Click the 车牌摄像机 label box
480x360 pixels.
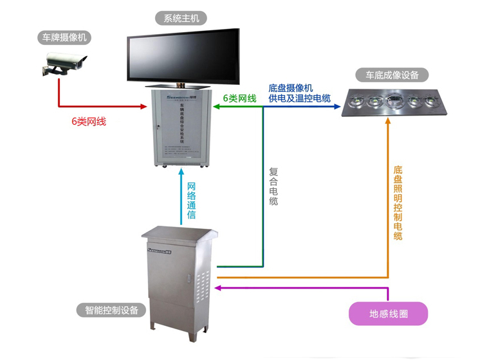pyautogui.click(x=62, y=38)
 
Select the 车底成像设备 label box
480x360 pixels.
pyautogui.click(x=392, y=75)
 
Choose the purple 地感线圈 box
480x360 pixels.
pyautogui.click(x=388, y=314)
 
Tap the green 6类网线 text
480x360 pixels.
pyautogui.click(x=239, y=98)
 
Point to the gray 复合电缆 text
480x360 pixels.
pyautogui.click(x=273, y=186)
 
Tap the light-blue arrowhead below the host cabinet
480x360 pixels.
pyautogui.click(x=182, y=172)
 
